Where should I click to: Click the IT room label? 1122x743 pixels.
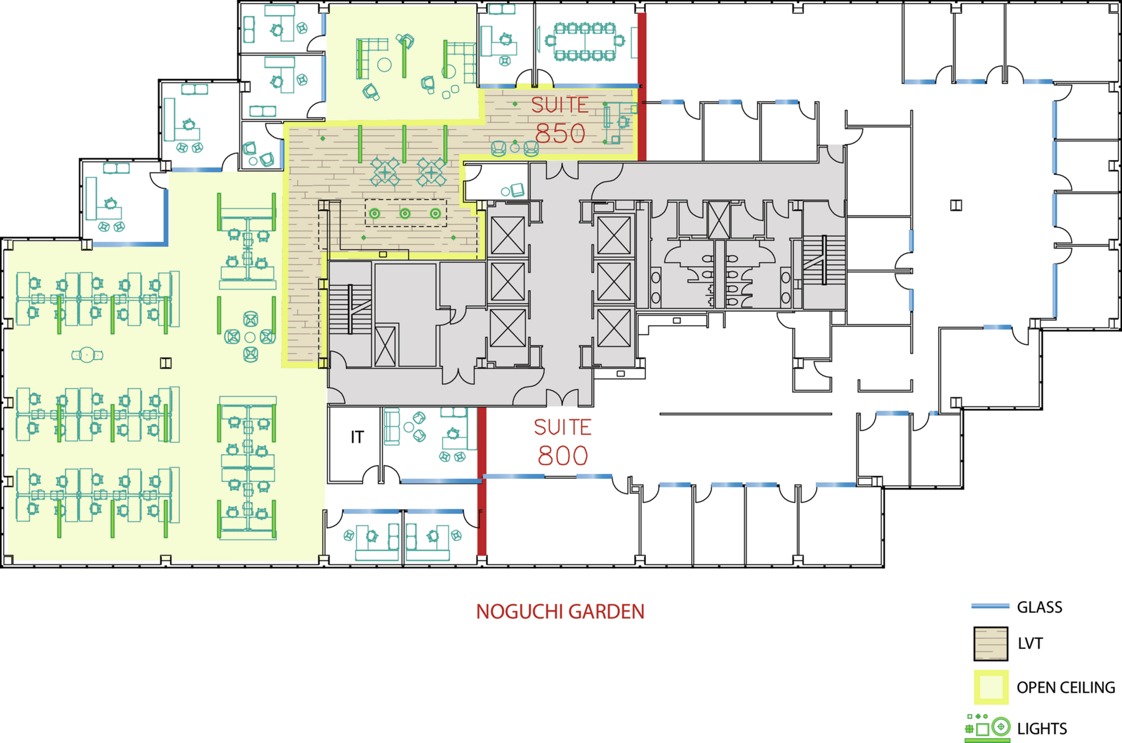[x=357, y=437]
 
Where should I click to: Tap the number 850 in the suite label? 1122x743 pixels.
[x=560, y=133]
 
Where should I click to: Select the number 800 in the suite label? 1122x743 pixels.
[x=563, y=456]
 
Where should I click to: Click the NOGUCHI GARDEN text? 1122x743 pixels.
[x=560, y=612]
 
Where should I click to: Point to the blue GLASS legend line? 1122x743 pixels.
[x=990, y=606]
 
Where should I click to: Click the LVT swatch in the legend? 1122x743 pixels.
[x=990, y=644]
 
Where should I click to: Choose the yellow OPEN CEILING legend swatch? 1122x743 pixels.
[x=991, y=688]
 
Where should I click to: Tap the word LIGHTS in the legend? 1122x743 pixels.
[x=1042, y=729]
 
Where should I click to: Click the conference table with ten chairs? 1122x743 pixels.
[x=584, y=42]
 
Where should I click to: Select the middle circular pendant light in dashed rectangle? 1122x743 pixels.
[x=405, y=214]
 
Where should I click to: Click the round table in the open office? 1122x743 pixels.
[x=87, y=355]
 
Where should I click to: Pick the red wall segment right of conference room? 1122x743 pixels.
[x=641, y=87]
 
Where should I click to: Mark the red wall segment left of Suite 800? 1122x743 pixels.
[x=481, y=481]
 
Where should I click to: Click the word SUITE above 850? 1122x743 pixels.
[x=560, y=105]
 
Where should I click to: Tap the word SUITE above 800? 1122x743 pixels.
[x=563, y=427]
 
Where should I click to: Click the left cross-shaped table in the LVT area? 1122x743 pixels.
[x=385, y=171]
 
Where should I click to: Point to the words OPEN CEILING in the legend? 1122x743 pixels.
[x=1066, y=688]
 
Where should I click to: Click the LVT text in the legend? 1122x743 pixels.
[x=1030, y=644]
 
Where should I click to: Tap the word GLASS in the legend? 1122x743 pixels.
[x=1040, y=607]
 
